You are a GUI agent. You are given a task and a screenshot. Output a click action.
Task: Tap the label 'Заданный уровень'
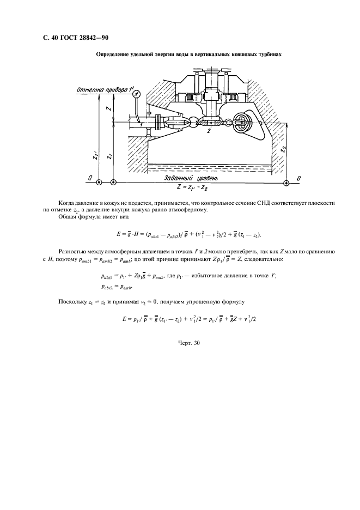pos(194,178)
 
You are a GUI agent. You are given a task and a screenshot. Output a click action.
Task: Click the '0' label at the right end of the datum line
pos(298,178)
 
